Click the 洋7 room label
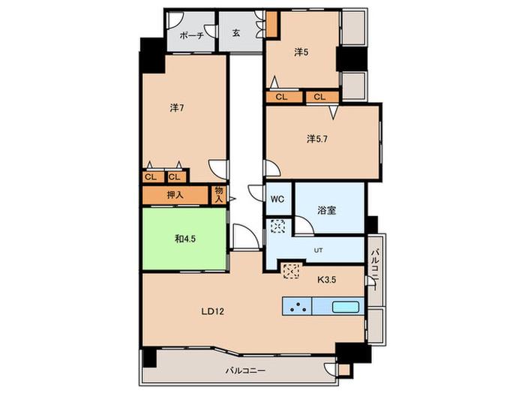(x=177, y=108)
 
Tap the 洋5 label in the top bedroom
(x=301, y=53)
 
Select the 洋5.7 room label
(x=317, y=138)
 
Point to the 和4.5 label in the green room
(x=185, y=239)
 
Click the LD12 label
(x=212, y=311)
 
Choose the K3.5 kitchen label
(x=326, y=279)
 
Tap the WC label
(x=277, y=199)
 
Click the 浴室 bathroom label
(x=326, y=210)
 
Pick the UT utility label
(x=318, y=250)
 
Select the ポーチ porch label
(x=192, y=35)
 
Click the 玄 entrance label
(x=236, y=33)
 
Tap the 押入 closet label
(x=175, y=194)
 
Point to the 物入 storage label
(x=219, y=194)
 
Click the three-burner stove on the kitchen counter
(x=297, y=306)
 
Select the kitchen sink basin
(x=346, y=306)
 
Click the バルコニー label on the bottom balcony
(x=245, y=371)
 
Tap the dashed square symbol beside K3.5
(x=291, y=271)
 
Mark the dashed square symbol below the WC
(x=277, y=226)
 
